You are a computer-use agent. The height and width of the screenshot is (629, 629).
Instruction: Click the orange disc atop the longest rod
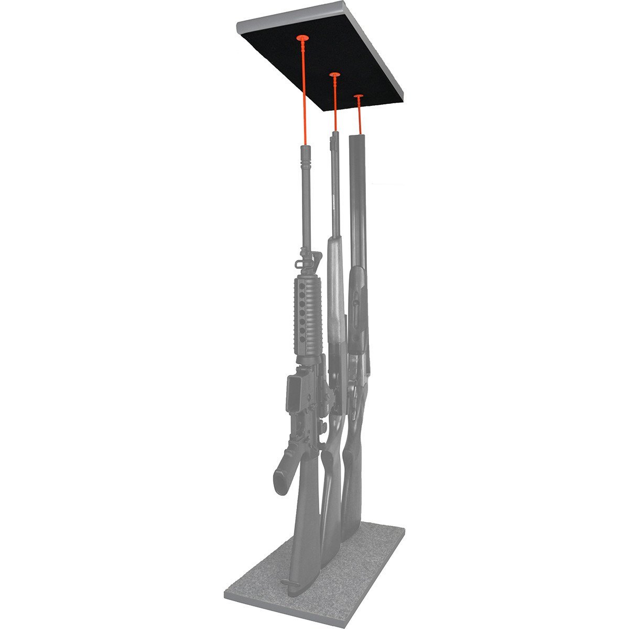pyautogui.click(x=303, y=38)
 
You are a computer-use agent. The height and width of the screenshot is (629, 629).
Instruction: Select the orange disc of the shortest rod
pyautogui.click(x=359, y=97)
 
